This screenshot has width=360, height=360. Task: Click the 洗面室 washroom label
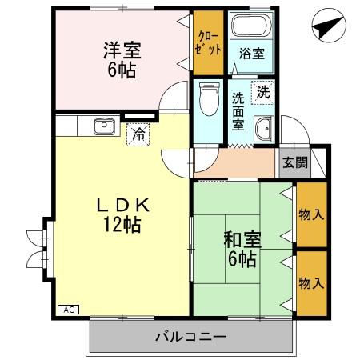238,111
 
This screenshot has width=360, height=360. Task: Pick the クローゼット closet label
206,41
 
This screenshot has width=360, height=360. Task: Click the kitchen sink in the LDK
104,126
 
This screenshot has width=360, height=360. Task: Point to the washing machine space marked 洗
263,92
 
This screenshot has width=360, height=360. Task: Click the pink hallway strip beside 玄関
236,163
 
